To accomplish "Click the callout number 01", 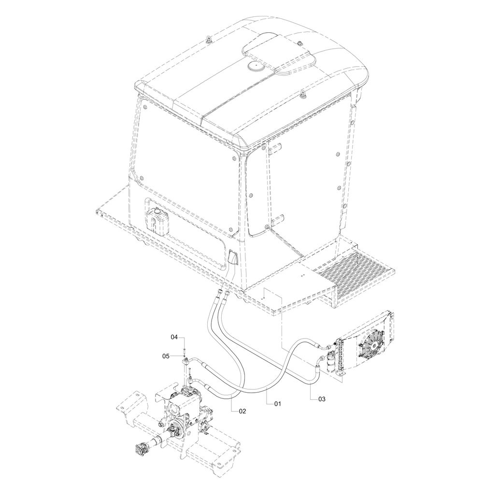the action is tap(278, 403).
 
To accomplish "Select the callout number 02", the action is tap(242, 411).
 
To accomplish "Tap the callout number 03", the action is tap(322, 399).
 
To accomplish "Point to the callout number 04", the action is tap(174, 337).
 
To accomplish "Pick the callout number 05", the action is tap(166, 356).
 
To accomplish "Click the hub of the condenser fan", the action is tap(374, 346).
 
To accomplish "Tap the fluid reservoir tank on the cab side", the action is tap(157, 219).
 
